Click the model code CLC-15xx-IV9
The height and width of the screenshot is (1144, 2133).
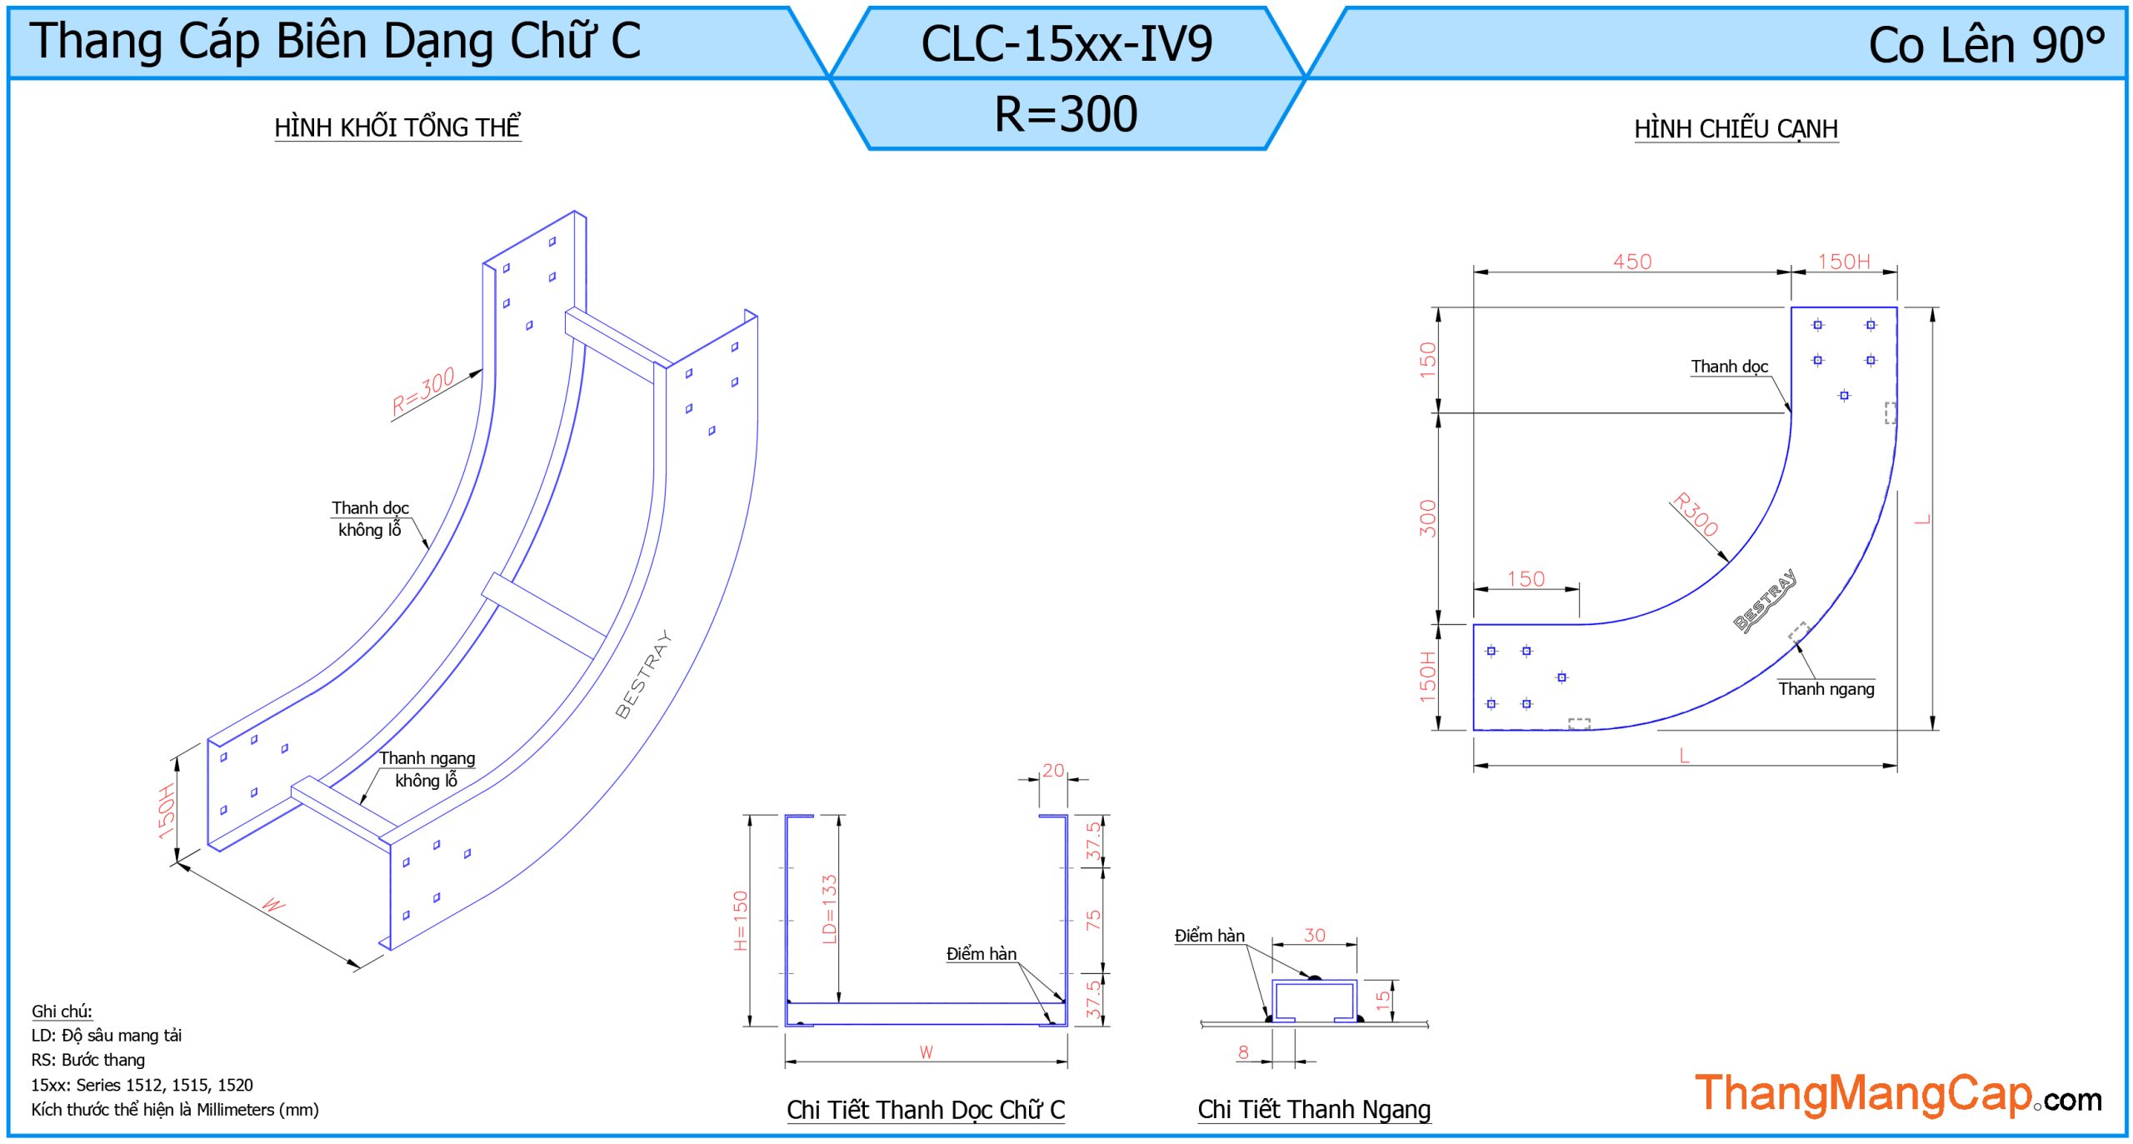point(1066,43)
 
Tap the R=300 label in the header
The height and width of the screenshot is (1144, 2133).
point(1066,114)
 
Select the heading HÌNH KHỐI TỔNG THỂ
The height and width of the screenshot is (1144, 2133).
point(397,127)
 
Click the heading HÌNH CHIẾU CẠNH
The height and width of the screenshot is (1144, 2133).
point(1736,129)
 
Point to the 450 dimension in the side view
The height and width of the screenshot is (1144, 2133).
point(1631,262)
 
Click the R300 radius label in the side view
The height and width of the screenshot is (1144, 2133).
point(1696,514)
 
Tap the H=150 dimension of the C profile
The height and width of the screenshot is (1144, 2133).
point(741,920)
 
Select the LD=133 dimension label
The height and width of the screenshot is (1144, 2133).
point(829,908)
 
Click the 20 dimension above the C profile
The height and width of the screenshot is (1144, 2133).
point(1053,771)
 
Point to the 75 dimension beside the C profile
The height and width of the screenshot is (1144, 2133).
point(1093,920)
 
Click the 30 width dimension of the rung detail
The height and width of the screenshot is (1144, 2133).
point(1314,935)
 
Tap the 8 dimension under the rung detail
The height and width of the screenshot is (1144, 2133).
point(1243,1052)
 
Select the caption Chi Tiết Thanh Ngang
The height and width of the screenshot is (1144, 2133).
point(1314,1109)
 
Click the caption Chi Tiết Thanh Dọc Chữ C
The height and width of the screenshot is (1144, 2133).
point(926,1109)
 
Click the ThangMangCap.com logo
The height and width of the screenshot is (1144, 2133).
point(1897,1094)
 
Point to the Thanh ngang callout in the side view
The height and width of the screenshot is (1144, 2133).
point(1826,689)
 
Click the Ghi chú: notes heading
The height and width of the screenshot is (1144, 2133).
point(62,1011)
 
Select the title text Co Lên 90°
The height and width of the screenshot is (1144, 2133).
point(1986,45)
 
